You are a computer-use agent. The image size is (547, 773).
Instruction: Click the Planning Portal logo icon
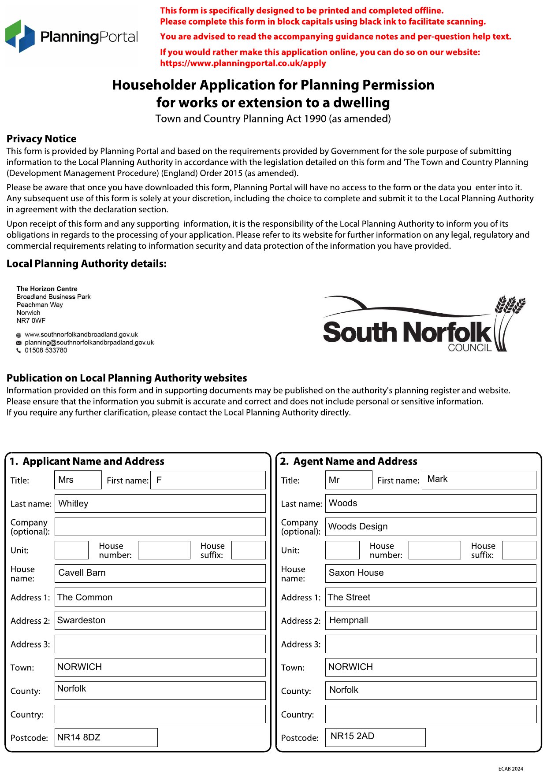coord(20,36)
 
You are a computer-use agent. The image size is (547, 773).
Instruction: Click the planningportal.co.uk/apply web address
coord(243,63)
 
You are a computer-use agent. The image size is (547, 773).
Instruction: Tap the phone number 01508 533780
coord(46,350)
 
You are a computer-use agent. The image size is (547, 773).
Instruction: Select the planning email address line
coord(89,342)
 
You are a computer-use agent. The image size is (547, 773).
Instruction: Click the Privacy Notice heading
coord(41,139)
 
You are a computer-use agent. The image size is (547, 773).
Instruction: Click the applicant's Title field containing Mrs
coord(78,480)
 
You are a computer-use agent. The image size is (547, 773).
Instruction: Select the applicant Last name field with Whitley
coord(160,503)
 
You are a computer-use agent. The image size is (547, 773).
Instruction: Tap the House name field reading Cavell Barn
coord(160,573)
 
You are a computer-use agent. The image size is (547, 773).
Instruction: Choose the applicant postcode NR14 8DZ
coord(106,737)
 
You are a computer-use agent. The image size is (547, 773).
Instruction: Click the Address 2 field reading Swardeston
coord(160,620)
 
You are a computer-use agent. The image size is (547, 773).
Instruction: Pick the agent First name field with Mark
coord(479,480)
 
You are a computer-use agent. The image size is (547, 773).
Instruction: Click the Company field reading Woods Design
coord(430,527)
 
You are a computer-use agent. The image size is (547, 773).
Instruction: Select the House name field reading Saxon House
coord(430,573)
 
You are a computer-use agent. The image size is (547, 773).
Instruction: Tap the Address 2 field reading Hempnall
coord(430,620)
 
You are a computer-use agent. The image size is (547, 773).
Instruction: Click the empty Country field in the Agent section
coord(430,714)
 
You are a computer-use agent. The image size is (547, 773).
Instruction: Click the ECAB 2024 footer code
coord(510,769)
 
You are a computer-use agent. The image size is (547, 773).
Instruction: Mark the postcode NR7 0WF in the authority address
coord(31,321)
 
